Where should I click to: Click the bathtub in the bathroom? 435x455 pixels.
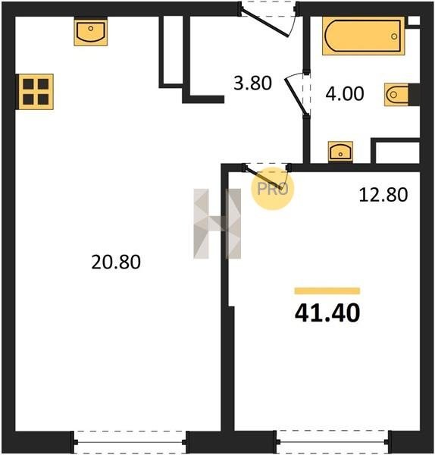(x=363, y=36)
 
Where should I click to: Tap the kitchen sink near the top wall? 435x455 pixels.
(x=90, y=31)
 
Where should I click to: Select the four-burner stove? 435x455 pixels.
(x=36, y=92)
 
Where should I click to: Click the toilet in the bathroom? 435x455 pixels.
(x=396, y=94)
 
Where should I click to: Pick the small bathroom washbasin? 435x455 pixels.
(x=340, y=152)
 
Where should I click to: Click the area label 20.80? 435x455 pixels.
(x=116, y=262)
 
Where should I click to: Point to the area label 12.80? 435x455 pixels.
(x=383, y=194)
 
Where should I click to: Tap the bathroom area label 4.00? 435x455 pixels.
(x=345, y=93)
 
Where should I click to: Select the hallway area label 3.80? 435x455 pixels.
(x=252, y=83)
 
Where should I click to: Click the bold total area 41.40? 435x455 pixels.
(x=327, y=312)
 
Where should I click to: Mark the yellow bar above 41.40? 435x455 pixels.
(x=327, y=290)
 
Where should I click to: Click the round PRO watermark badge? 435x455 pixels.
(x=273, y=189)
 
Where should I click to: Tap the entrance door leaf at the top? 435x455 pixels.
(x=264, y=24)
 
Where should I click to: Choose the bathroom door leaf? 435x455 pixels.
(x=296, y=96)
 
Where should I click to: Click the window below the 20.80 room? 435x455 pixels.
(x=130, y=442)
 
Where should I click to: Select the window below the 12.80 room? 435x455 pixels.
(x=333, y=441)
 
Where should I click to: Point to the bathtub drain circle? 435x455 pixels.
(x=394, y=36)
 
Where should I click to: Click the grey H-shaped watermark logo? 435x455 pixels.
(x=217, y=224)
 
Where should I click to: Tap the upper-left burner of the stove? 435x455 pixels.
(x=28, y=84)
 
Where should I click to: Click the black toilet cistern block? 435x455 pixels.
(x=414, y=94)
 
